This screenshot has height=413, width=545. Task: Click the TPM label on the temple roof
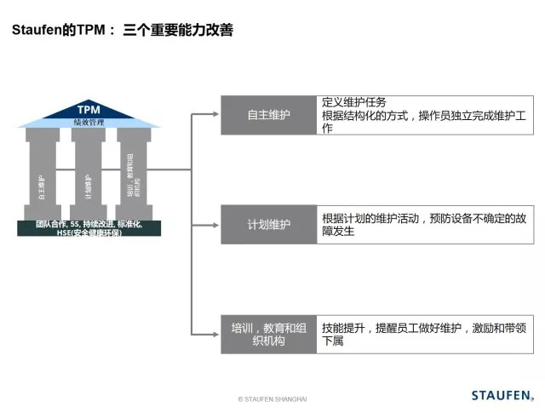89,111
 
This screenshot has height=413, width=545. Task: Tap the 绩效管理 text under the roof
89,123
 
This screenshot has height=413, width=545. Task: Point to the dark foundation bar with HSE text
88,227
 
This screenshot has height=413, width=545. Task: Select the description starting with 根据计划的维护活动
423,225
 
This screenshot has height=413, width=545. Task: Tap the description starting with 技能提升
423,334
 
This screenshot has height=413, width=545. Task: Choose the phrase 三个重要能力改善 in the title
178,30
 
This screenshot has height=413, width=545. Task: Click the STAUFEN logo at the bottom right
502,395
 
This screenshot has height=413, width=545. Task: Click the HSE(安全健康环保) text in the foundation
89,232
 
